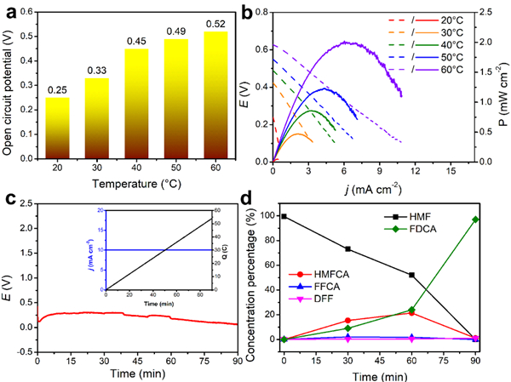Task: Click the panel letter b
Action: (x=271, y=11)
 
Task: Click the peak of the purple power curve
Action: (x=347, y=42)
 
